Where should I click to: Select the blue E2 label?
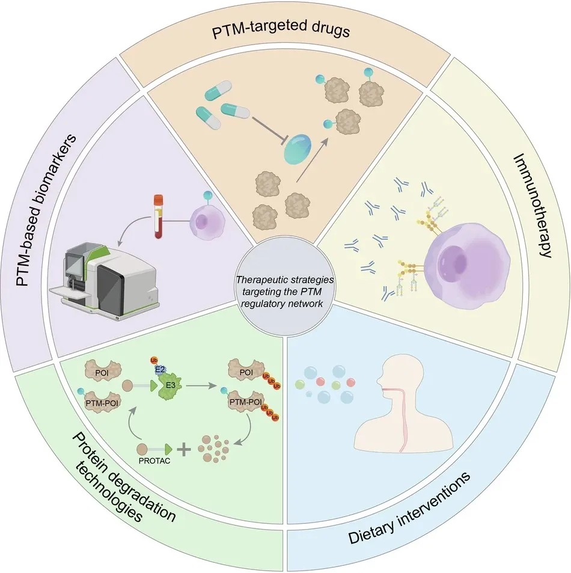160,370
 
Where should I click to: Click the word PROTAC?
154,461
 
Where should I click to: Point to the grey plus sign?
184,450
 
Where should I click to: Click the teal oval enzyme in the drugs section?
298,148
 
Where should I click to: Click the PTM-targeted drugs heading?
281,30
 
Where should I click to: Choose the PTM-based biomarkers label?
46,209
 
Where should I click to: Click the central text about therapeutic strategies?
284,292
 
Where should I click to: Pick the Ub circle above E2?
153,361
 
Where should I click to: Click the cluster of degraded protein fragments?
213,448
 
